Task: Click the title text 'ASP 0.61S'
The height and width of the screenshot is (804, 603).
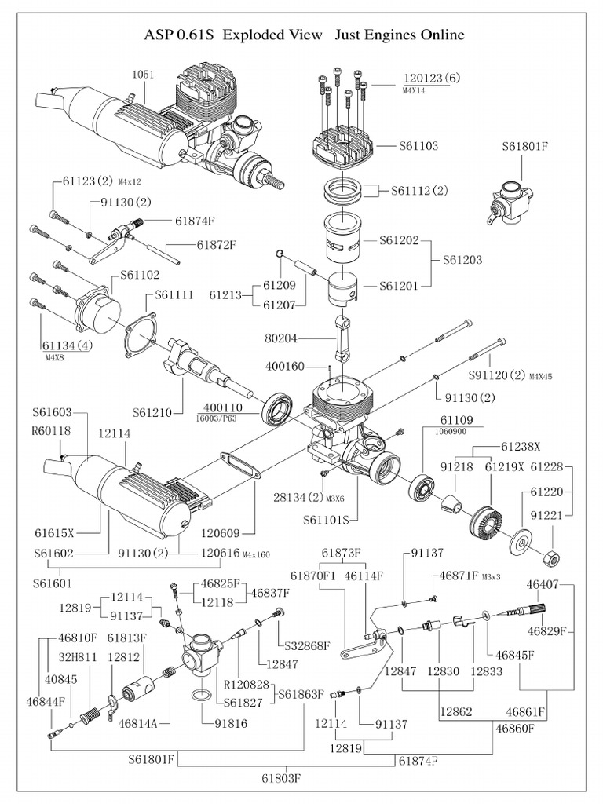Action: point(181,35)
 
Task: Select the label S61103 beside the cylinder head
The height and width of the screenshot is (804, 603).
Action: point(418,146)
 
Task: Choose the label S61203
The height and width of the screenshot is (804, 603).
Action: point(462,259)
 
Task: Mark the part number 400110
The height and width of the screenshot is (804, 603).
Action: point(225,407)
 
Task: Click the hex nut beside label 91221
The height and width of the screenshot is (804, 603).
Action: point(552,557)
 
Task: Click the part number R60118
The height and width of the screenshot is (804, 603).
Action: point(51,430)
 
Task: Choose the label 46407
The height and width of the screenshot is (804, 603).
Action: point(543,584)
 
